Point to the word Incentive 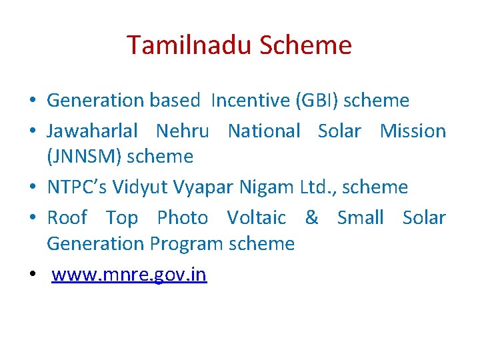tap(250, 101)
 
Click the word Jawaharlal tap(92, 131)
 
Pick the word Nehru tap(182, 131)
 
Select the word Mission tap(413, 131)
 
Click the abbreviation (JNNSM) tap(84, 157)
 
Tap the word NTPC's tap(77, 187)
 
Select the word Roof tap(67, 218)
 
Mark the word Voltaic tap(256, 218)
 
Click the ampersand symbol tap(311, 218)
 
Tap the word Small tap(360, 218)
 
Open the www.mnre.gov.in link tap(129, 275)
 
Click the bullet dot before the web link tap(32, 275)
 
